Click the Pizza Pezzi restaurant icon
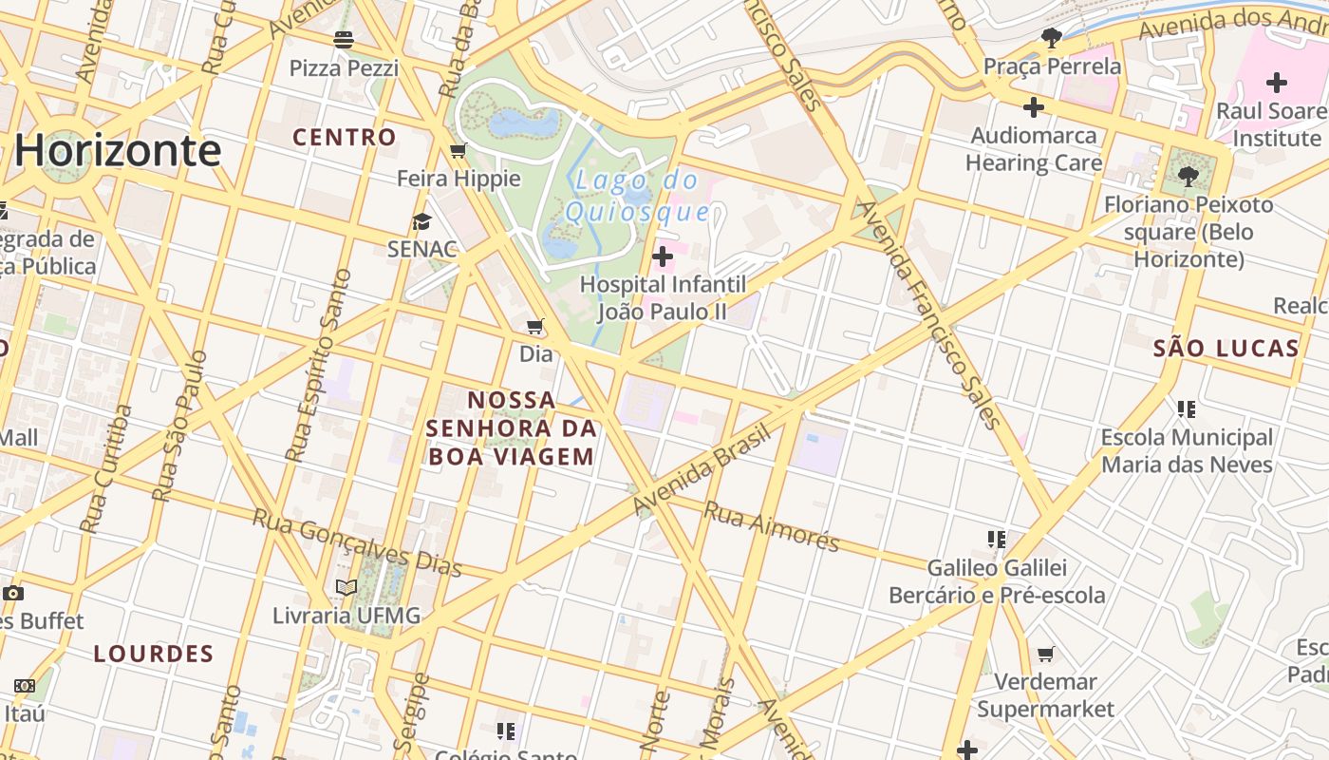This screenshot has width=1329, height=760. [x=344, y=40]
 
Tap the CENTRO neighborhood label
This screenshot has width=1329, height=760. [x=344, y=137]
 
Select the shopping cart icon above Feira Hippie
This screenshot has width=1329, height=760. [x=459, y=150]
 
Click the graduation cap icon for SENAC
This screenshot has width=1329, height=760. [x=421, y=221]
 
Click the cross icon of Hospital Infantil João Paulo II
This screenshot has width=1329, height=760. [x=663, y=256]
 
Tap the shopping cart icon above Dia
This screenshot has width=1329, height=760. [x=535, y=327]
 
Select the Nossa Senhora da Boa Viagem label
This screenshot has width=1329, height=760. [x=511, y=427]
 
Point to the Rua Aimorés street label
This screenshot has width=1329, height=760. [x=771, y=525]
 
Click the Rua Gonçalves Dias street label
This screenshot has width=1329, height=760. [x=357, y=542]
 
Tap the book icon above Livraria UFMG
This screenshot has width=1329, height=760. [x=346, y=588]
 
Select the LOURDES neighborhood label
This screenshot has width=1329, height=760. [x=154, y=654]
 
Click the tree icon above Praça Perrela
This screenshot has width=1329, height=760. [x=1052, y=38]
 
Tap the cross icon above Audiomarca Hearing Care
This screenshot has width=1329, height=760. [x=1034, y=107]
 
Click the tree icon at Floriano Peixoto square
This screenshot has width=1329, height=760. [x=1188, y=176]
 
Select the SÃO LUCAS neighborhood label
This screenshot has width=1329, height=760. [x=1226, y=348]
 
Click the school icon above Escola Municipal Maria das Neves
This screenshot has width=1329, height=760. [x=1186, y=409]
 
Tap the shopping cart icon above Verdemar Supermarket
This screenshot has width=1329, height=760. [x=1045, y=654]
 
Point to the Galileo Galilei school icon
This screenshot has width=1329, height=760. [x=996, y=540]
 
